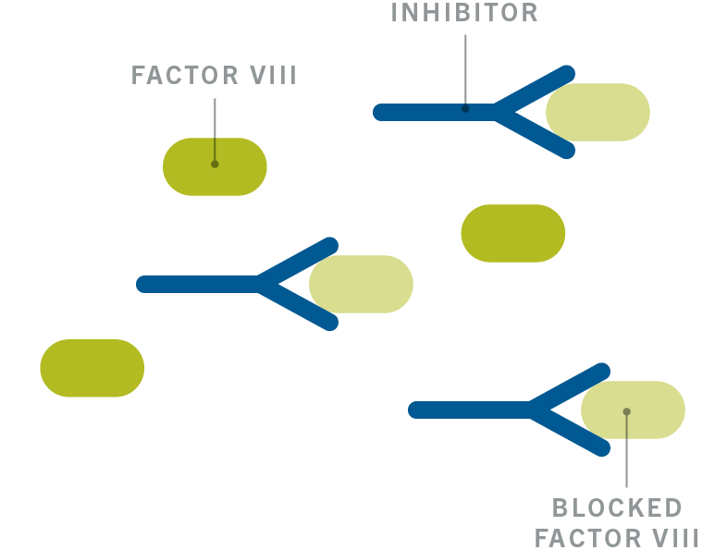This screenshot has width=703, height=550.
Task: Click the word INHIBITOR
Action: point(464,13)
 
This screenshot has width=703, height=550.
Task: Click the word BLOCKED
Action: point(617,507)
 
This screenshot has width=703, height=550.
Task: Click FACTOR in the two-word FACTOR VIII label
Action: point(185,75)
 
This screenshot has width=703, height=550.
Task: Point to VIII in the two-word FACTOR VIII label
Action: point(273,75)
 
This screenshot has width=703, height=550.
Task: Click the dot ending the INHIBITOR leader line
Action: point(465,109)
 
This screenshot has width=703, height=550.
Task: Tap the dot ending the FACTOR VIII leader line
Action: point(215,165)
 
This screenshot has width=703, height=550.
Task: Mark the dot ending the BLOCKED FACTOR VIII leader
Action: point(627,411)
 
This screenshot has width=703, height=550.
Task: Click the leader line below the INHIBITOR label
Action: point(465,72)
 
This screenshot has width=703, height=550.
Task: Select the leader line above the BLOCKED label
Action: point(627,449)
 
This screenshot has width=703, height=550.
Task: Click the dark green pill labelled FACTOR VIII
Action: point(215,166)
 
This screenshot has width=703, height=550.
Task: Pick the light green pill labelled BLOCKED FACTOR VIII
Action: point(633,409)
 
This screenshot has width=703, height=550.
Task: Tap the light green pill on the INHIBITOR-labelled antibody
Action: point(598,112)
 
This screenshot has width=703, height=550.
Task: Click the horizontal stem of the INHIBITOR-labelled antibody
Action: point(435,112)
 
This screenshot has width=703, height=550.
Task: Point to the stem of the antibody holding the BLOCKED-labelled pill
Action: point(470,409)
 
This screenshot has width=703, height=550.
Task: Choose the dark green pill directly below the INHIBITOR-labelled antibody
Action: point(513,233)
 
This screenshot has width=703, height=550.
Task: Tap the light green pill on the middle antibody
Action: point(362,284)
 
